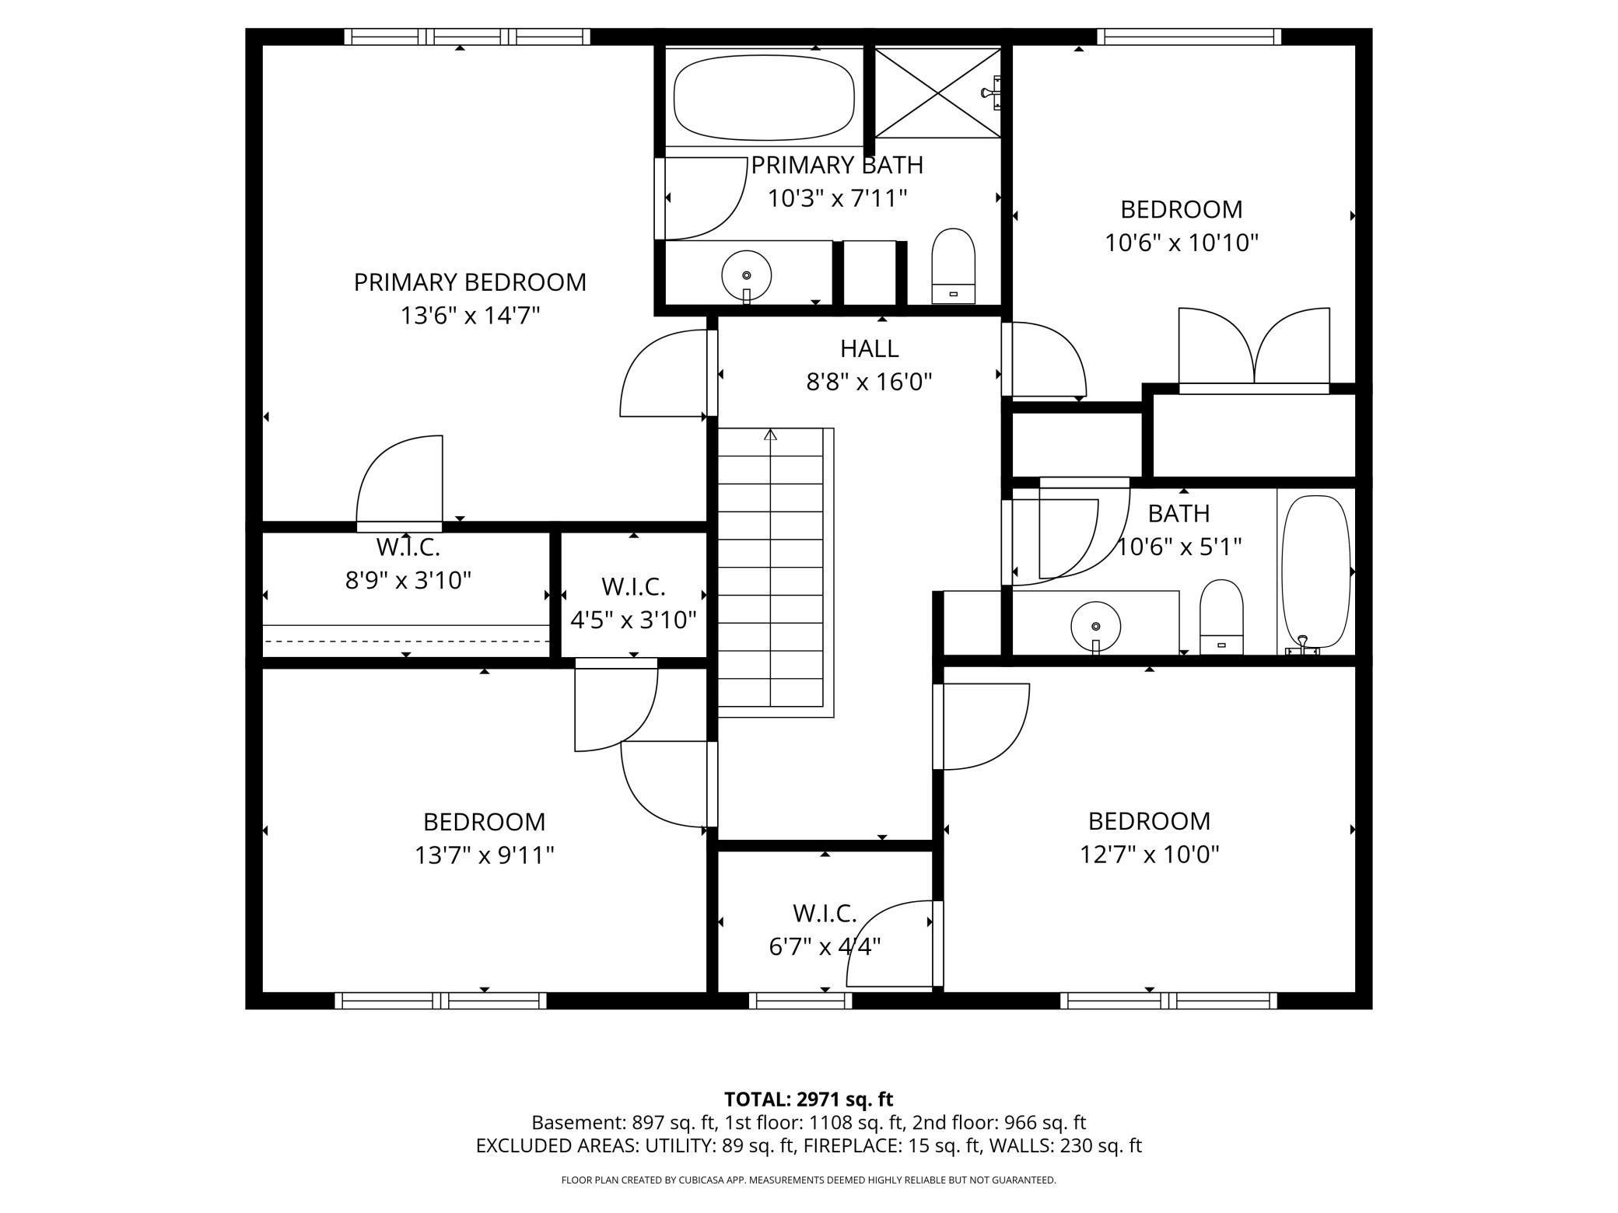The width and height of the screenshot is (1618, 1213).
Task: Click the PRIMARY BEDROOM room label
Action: (x=470, y=282)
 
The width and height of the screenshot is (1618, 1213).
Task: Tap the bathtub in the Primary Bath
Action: (x=764, y=97)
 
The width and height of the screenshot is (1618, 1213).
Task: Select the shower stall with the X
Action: (x=938, y=93)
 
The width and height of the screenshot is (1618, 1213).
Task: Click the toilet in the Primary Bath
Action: (x=953, y=266)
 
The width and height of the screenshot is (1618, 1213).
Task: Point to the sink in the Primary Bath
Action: (x=747, y=275)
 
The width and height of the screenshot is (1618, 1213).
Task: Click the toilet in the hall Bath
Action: (x=1221, y=617)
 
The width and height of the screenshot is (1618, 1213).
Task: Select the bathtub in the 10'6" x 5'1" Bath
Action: (x=1316, y=573)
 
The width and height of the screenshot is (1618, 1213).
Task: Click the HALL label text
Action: (x=869, y=348)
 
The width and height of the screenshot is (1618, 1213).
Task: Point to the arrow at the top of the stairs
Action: (x=770, y=434)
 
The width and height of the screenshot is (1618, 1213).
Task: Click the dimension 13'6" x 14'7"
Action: (x=470, y=316)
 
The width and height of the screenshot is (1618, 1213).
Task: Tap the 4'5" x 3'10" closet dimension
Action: (x=633, y=620)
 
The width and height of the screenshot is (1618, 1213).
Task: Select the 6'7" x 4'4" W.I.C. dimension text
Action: (x=825, y=946)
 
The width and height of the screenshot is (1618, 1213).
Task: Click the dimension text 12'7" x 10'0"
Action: (x=1149, y=855)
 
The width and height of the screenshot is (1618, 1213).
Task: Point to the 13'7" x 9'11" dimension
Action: (x=484, y=855)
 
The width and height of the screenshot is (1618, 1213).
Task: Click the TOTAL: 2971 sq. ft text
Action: (x=808, y=1099)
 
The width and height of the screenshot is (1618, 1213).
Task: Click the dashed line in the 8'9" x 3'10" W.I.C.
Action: (x=406, y=641)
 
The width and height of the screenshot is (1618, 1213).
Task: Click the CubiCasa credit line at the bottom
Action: (x=808, y=1180)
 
